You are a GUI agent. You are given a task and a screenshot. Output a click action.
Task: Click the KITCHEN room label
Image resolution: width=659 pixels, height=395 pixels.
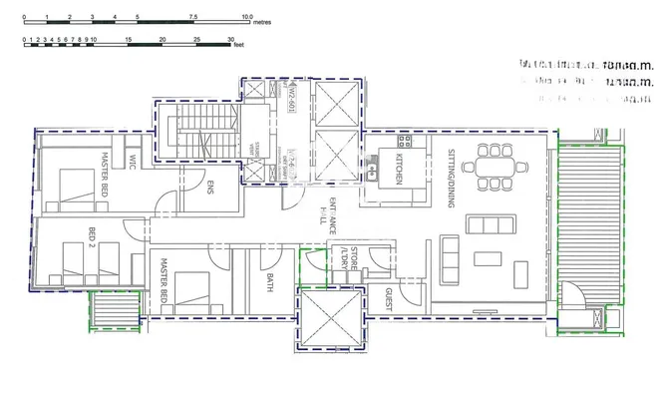point(398,164)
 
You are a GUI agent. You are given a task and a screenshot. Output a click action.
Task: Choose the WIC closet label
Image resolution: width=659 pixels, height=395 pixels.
point(131,163)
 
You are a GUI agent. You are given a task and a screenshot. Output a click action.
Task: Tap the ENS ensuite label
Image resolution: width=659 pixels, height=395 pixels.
point(210,190)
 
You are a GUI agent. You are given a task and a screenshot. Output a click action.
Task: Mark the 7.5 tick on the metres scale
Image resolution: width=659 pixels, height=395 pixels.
point(191,17)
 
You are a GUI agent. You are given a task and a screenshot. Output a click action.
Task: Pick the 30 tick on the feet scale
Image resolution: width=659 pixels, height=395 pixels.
point(231,39)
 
